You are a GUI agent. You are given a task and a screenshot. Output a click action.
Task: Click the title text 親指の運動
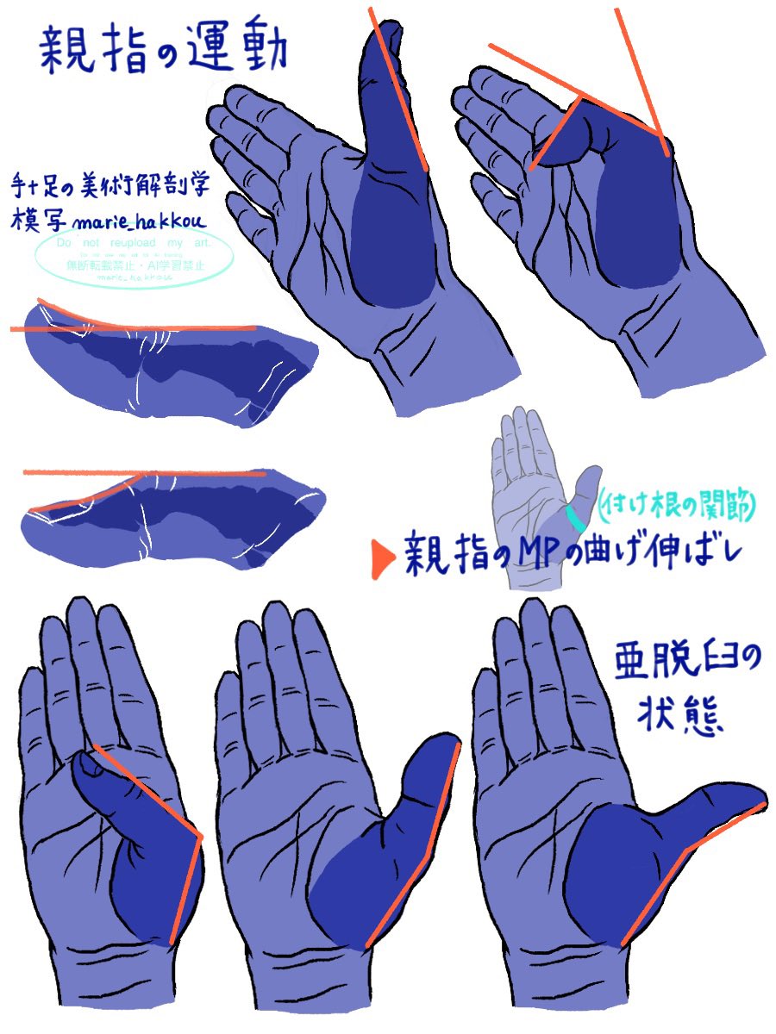(x=164, y=49)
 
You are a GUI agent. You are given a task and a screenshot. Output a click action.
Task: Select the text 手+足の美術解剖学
(x=112, y=184)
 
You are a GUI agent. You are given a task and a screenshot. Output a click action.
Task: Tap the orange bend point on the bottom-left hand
(x=201, y=836)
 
